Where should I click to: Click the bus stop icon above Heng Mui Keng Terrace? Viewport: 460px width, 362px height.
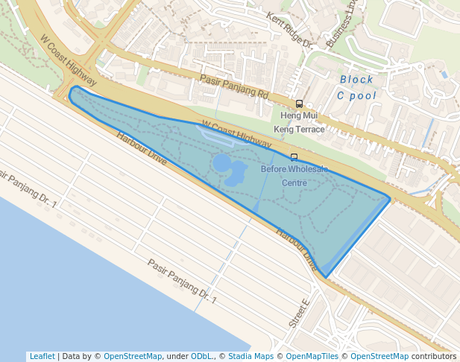coord(299,104)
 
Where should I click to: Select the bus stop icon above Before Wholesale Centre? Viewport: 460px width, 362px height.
coord(294,157)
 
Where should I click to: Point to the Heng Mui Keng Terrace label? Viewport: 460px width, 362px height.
coord(299,122)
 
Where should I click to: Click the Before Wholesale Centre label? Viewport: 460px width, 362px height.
coord(294,175)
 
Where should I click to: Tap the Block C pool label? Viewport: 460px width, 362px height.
coord(356,87)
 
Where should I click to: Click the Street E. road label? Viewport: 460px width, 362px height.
coord(300,314)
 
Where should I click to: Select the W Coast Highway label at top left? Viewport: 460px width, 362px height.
coord(69,60)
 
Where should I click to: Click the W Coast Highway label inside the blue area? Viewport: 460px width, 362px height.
coord(236,134)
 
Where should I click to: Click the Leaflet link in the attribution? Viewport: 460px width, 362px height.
coord(42,356)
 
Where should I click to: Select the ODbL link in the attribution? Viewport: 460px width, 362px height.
coord(202,356)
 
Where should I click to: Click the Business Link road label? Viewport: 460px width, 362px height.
coord(342,27)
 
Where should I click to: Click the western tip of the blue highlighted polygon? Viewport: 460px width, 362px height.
coord(70,94)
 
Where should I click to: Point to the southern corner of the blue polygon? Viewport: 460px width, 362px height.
coord(326,278)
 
